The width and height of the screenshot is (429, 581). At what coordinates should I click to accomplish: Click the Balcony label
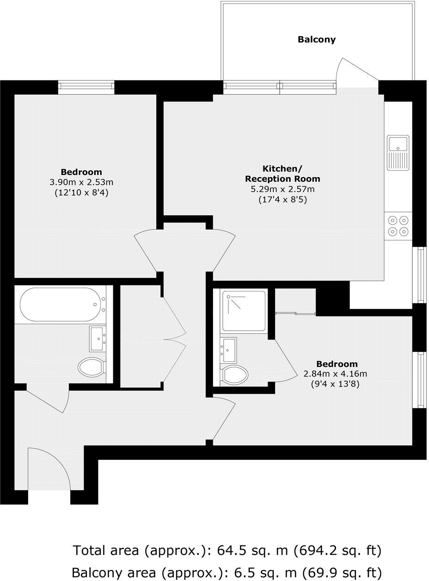coord(316,39)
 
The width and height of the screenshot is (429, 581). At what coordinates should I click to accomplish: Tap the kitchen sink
coord(398,152)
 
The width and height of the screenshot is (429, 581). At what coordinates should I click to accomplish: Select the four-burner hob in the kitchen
coord(398,226)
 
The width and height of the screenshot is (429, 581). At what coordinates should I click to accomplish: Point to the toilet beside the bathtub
coord(92,367)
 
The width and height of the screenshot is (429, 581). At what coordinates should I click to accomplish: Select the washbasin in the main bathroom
coord(98,339)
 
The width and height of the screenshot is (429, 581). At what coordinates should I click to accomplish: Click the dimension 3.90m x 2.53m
coord(81,182)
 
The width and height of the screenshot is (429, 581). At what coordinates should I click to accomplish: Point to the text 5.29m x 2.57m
coord(282,189)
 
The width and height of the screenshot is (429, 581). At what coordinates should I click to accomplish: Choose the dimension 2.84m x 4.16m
coord(335,374)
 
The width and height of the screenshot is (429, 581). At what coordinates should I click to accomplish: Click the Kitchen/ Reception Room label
coord(282,173)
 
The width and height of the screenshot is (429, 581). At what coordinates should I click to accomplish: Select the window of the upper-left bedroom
coord(86,87)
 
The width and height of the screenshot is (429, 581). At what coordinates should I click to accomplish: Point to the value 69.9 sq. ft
coord(340,572)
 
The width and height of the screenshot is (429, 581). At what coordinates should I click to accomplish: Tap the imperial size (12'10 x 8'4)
coord(81,192)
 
